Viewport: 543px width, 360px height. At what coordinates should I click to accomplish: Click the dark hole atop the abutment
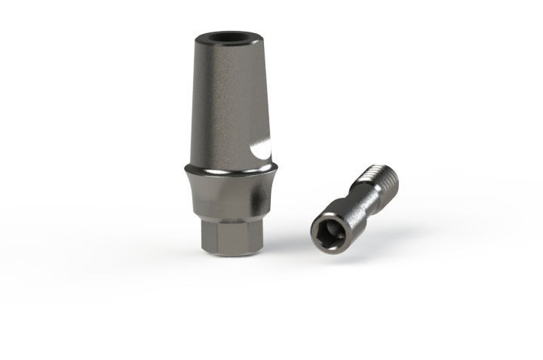(x=225, y=35)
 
